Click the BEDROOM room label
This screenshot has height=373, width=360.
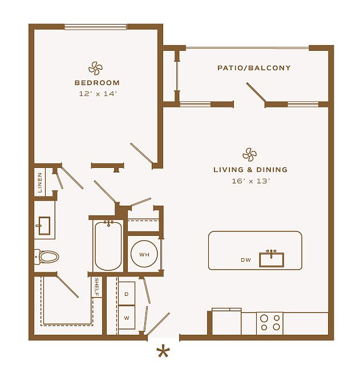pos(97,83)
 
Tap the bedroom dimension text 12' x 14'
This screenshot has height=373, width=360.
pos(98,94)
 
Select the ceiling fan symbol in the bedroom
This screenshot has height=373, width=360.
pos(95,69)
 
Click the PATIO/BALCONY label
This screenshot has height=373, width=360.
pos(254,68)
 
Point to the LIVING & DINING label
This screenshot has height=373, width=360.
pos(250,170)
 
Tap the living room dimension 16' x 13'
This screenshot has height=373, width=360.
pos(250,181)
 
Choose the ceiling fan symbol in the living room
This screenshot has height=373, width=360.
pos(249,155)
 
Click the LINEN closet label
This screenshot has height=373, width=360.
pos(40,182)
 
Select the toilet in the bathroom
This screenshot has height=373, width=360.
pos(46,257)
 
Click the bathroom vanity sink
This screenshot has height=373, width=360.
pos(44,226)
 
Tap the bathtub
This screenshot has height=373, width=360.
pos(108,246)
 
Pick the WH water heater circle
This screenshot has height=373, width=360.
pos(144,254)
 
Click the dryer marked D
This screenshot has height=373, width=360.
pos(127,294)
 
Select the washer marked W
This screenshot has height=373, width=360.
pos(127,318)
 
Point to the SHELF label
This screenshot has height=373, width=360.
pos(97,287)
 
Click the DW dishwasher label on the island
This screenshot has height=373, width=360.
pos(246,260)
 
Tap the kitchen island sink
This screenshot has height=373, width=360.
pos(272,260)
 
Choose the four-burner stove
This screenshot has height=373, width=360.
pos(270,323)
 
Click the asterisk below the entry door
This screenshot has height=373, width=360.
pos(163,352)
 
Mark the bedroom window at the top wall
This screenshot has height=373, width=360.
pos(95,27)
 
